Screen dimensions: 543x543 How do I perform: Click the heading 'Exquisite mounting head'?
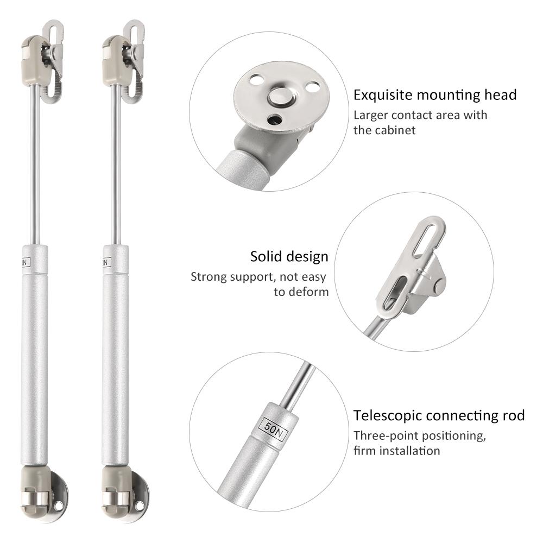[x=435, y=96]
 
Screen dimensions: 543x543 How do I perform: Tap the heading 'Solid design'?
[x=289, y=256]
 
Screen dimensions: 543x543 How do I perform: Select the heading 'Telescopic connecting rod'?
[x=439, y=416]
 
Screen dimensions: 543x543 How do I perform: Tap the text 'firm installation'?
[x=397, y=451]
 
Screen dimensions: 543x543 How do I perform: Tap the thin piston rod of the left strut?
[x=35, y=163]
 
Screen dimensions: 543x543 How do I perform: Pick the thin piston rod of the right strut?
[x=115, y=163]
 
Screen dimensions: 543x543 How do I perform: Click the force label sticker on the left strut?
[x=26, y=262]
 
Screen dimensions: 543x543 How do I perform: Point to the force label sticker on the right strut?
[x=106, y=262]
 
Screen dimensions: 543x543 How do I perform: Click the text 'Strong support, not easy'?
[x=258, y=277]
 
